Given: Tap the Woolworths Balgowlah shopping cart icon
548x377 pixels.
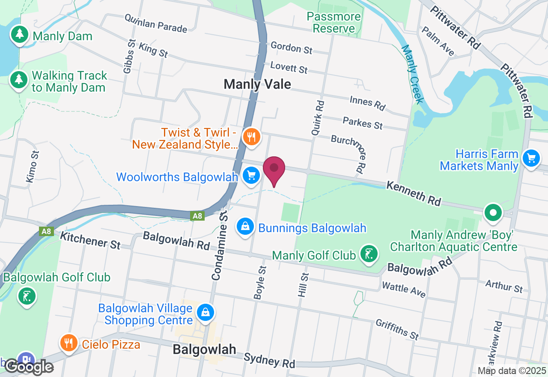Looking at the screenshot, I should [251, 176].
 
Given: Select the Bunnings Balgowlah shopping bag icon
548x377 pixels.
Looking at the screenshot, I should [245, 227].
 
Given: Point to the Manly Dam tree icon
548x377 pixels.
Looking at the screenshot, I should [19, 35].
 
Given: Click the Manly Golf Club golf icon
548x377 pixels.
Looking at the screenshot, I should [369, 254].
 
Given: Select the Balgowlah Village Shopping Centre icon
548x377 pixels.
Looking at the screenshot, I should [205, 313].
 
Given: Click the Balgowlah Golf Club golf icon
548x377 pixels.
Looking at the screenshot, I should [27, 296].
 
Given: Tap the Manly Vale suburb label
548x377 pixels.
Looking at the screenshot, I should [257, 84].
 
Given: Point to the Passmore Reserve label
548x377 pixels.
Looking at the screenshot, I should [334, 23].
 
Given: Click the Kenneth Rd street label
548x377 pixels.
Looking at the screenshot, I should [413, 193].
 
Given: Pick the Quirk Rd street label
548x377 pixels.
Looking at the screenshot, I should [318, 118].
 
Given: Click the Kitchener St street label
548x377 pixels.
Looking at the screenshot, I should [90, 240].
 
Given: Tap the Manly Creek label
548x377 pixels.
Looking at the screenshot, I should [413, 74].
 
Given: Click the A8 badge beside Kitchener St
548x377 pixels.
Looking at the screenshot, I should [46, 231].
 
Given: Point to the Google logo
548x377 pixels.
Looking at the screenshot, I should [29, 367].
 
